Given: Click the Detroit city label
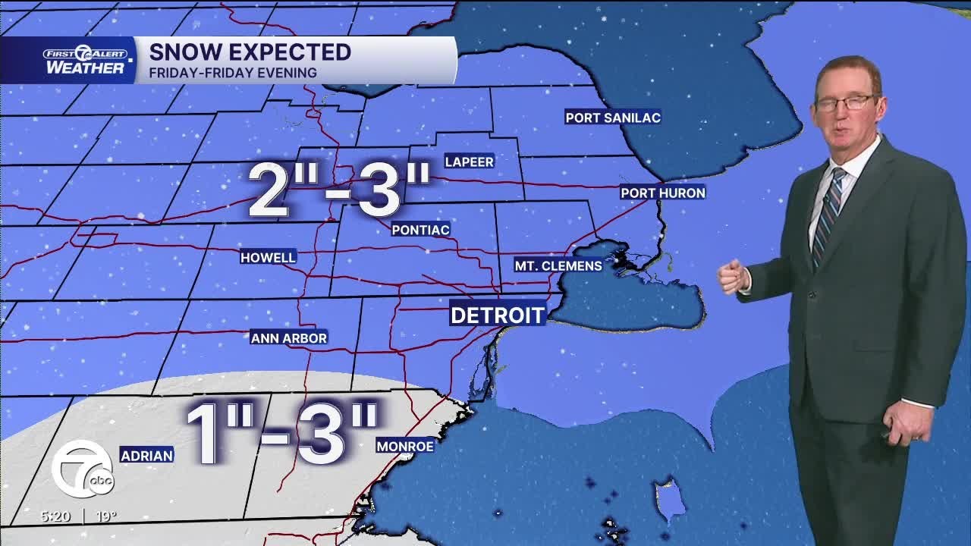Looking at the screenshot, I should pos(498,315).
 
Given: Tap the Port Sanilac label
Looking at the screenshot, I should pos(613,117).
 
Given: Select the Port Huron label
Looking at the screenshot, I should pos(663,193).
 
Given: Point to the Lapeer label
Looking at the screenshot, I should pos(469,162).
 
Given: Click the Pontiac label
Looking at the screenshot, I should pos(421,229).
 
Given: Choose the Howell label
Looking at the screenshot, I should pos(268,257).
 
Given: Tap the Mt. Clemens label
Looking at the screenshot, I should pos(558,265).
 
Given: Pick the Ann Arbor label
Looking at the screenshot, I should pos(289,337).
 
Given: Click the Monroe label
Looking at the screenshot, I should pos(405,447).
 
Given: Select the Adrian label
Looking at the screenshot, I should pos(146,455).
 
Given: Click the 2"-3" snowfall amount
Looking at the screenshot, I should pos(339,190).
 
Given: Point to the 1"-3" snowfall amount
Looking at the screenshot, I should pos(281,435).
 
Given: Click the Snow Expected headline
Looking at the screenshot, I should pos(250,52).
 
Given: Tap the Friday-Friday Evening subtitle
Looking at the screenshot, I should pos(233,73).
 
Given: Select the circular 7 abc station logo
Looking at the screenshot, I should pos(82,469).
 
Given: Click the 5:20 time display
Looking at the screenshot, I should pos(55,516).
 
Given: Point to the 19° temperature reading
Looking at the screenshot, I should pos(105,516).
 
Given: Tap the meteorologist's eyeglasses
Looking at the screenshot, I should pos(844,102).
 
